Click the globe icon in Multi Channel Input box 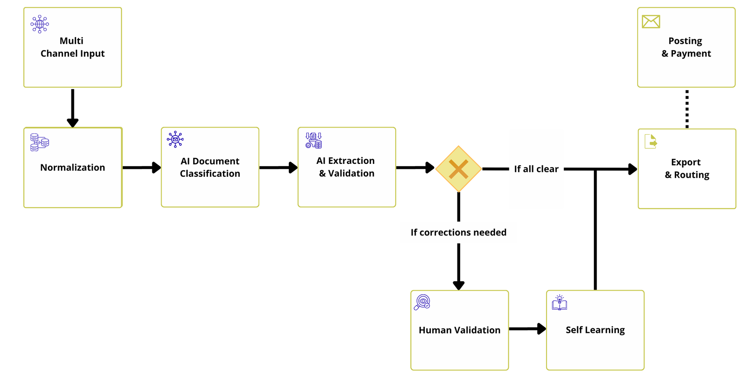pyautogui.click(x=40, y=24)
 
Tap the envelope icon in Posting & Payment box pyautogui.click(x=651, y=21)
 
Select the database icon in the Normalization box pyautogui.click(x=39, y=142)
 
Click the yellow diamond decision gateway pyautogui.click(x=458, y=169)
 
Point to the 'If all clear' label pyautogui.click(x=536, y=169)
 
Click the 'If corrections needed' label pyautogui.click(x=458, y=233)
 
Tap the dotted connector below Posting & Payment pyautogui.click(x=687, y=109)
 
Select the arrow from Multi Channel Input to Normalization pyautogui.click(x=72, y=107)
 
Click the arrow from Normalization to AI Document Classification pyautogui.click(x=141, y=168)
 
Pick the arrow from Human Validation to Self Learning pyautogui.click(x=527, y=329)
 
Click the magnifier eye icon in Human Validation pyautogui.click(x=422, y=302)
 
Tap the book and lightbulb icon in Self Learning pyautogui.click(x=560, y=303)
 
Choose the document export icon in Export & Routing pyautogui.click(x=651, y=141)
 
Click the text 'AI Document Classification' pyautogui.click(x=210, y=167)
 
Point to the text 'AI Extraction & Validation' pyautogui.click(x=346, y=167)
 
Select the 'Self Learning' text pyautogui.click(x=595, y=330)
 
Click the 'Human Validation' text pyautogui.click(x=459, y=330)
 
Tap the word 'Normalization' pyautogui.click(x=72, y=168)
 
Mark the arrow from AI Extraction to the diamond pyautogui.click(x=415, y=168)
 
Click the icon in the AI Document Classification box pyautogui.click(x=175, y=139)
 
